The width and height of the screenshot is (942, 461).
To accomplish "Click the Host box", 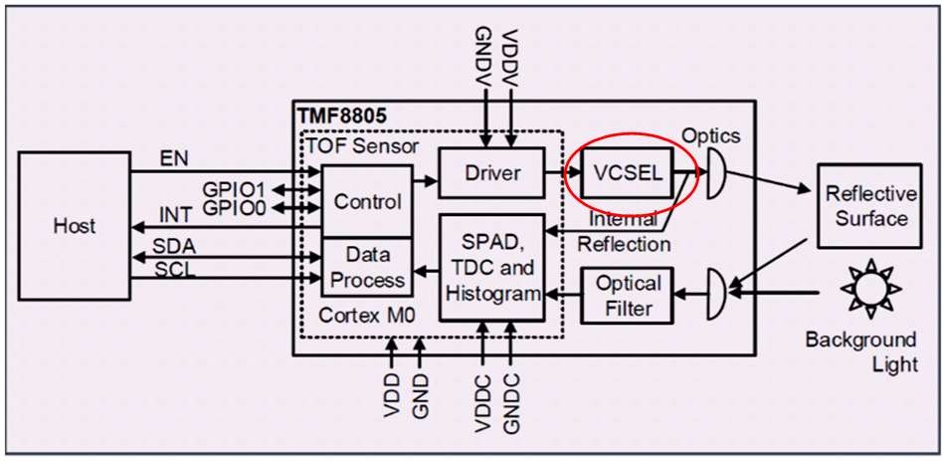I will coord(75,226).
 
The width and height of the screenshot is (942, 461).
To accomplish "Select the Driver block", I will coord(492,173).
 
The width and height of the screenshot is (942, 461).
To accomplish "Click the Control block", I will coord(366,202).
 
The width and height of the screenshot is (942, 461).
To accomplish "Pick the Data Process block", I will coord(366,269).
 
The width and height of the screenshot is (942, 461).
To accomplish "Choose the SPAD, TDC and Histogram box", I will coord(492,267).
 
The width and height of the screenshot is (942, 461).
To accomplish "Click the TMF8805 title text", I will coord(341,115).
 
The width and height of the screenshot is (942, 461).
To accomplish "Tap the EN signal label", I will coord(173,157).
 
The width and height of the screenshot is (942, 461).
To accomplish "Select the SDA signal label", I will coord(174,245).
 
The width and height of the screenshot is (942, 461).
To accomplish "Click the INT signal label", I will coord(175,215).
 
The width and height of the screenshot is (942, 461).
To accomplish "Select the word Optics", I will coord(711,135).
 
